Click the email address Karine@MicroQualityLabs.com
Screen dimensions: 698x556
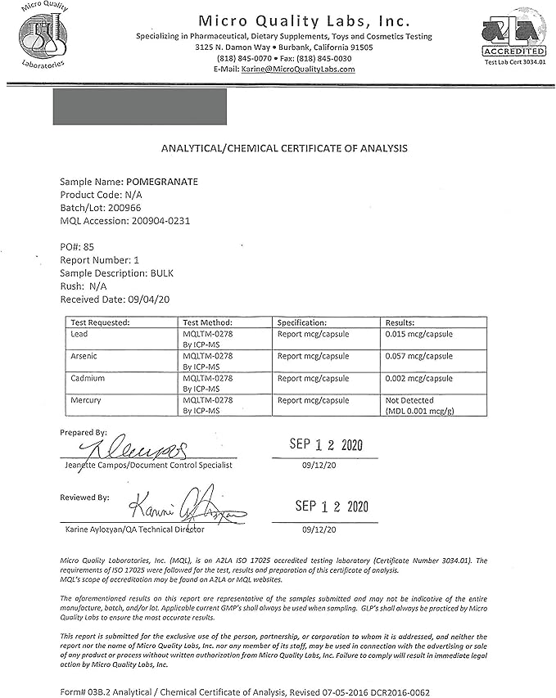[297, 70]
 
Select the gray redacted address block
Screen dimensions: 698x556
[139, 106]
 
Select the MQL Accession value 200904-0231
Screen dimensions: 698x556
[160, 221]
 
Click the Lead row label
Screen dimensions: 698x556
[79, 334]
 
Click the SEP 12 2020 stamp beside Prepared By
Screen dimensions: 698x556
[326, 445]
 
